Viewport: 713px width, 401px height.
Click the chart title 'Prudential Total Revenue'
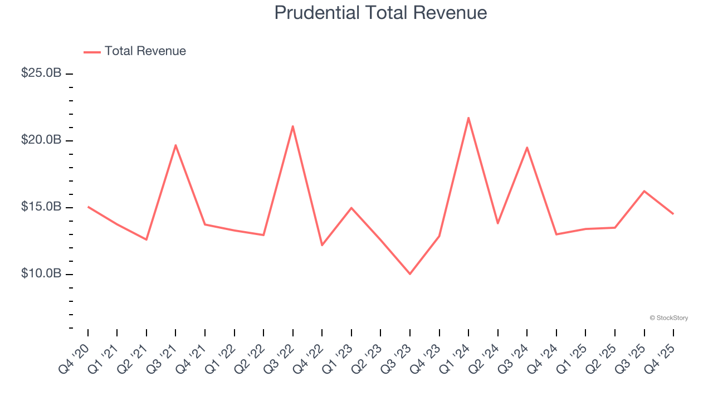(380, 13)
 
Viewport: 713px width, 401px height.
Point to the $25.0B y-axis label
(41, 73)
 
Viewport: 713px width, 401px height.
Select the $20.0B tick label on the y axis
(41, 140)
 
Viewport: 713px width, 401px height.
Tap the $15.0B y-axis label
(41, 207)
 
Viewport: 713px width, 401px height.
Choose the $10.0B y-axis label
(41, 274)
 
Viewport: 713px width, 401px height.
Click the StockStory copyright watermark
(668, 318)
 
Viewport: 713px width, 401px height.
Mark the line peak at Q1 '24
(468, 118)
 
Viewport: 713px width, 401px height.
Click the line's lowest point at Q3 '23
(410, 274)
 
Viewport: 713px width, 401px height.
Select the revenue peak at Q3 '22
(293, 126)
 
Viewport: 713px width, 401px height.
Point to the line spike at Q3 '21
(175, 145)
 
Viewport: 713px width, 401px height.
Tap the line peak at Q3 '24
(527, 147)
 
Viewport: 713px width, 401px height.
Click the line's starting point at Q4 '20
(88, 207)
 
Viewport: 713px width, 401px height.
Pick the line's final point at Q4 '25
(673, 214)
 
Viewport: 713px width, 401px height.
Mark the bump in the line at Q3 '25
(644, 191)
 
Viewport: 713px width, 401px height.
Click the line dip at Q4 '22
(322, 245)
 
